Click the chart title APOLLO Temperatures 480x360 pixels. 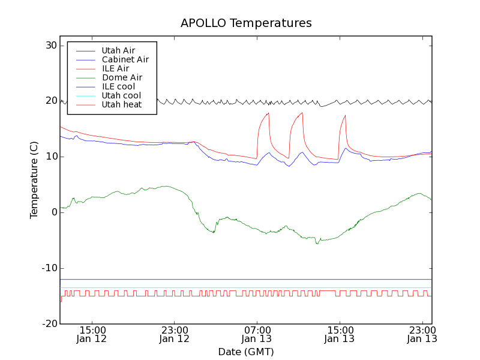pyautogui.click(x=246, y=23)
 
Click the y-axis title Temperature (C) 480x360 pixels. pyautogui.click(x=34, y=179)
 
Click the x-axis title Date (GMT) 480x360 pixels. pyautogui.click(x=246, y=352)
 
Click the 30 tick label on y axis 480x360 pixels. pyautogui.click(x=50, y=46)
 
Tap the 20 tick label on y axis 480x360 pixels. pyautogui.click(x=50, y=101)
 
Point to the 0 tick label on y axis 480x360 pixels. pyautogui.click(x=53, y=212)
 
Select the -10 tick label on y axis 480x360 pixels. pyautogui.click(x=49, y=268)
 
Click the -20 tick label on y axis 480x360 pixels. pyautogui.click(x=49, y=324)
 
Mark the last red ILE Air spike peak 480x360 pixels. pyautogui.click(x=345, y=116)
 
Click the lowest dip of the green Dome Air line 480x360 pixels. pyautogui.click(x=317, y=243)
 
